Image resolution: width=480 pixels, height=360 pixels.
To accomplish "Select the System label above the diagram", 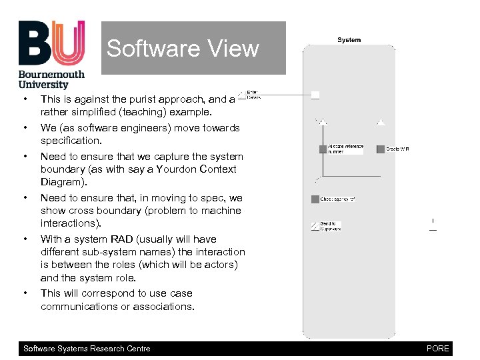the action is tap(349, 40).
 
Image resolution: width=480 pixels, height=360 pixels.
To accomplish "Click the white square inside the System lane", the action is tap(315, 95).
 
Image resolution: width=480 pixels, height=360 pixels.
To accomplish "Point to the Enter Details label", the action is tap(253, 95).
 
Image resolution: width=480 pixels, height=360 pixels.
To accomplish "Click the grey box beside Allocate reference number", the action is tap(323, 149).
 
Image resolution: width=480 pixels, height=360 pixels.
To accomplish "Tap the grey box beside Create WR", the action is tap(381, 149).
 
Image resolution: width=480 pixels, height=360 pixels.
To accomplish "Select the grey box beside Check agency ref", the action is tap(315, 199).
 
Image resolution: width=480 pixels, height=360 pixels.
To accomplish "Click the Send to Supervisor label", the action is tap(329, 226).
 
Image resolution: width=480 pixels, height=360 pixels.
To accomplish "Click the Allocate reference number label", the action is tap(345, 149).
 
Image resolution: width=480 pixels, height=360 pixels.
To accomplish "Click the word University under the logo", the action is tap(43, 84).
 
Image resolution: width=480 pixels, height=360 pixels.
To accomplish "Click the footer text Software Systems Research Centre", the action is tap(87, 349).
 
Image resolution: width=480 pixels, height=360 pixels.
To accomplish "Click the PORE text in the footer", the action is tap(437, 349).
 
